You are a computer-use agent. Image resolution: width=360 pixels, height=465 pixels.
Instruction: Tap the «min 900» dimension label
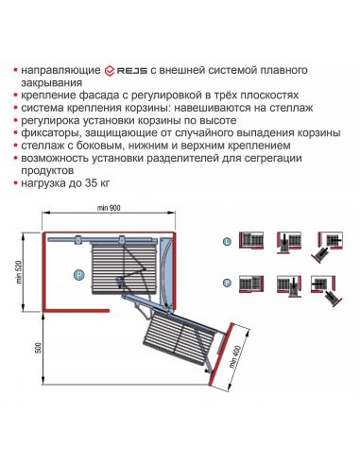pos(109,207)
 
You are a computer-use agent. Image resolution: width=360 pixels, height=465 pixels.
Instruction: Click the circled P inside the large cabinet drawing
pos(78,274)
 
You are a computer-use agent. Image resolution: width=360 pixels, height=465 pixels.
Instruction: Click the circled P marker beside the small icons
pos(226,283)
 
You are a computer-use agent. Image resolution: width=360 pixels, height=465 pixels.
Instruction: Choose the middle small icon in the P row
pos(289,285)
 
